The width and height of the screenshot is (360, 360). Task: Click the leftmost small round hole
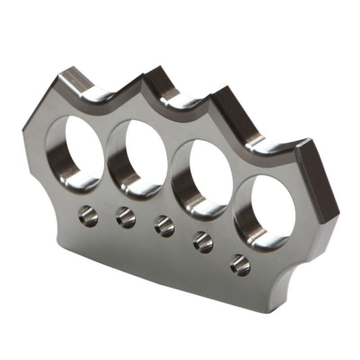(x=88, y=215)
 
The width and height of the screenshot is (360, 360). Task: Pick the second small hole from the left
(x=126, y=216)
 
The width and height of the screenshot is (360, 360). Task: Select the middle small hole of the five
(x=164, y=225)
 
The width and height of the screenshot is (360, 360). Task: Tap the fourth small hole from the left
(x=203, y=242)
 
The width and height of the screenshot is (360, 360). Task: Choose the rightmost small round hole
(x=240, y=264)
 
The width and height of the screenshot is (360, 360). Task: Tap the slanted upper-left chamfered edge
(x=42, y=101)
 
